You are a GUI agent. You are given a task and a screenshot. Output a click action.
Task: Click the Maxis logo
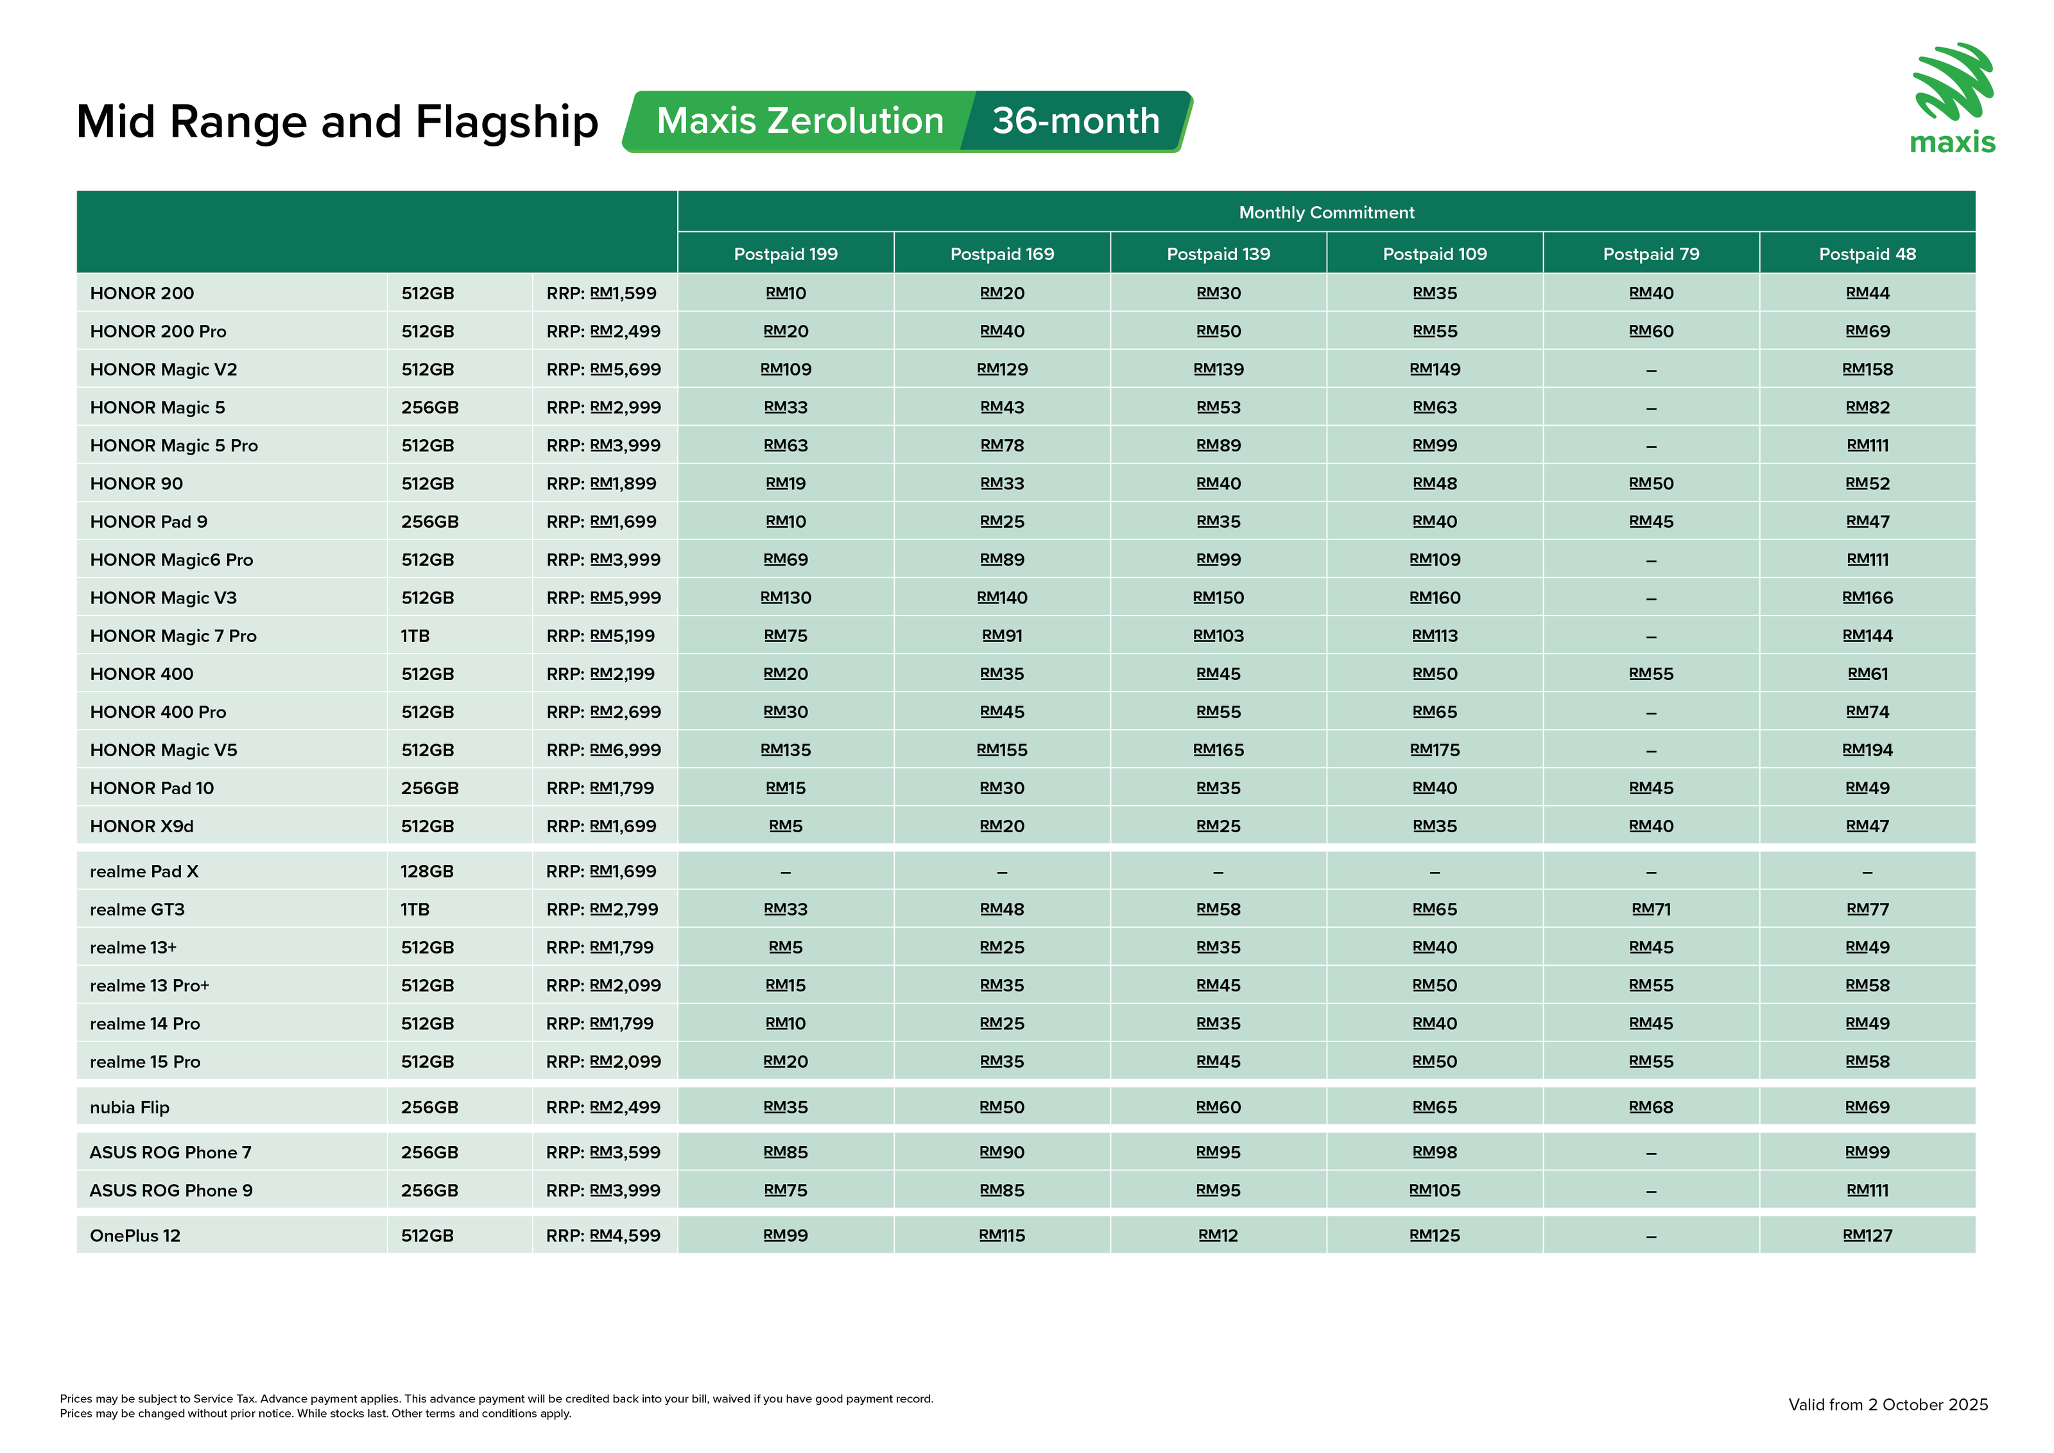point(1953,98)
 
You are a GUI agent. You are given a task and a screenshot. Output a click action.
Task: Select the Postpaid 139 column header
point(1218,254)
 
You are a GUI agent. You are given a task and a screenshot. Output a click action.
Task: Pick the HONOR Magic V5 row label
point(164,751)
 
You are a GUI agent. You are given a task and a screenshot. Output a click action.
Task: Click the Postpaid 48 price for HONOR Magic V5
point(1867,751)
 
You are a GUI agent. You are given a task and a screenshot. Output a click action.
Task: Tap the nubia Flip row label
point(130,1108)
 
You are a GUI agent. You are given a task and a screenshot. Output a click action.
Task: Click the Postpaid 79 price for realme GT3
point(1650,910)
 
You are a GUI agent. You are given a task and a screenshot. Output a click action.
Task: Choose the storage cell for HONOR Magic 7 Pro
point(415,636)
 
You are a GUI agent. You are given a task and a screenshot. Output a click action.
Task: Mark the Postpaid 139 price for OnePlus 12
point(1218,1235)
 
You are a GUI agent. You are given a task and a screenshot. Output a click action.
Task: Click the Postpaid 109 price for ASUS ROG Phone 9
point(1434,1191)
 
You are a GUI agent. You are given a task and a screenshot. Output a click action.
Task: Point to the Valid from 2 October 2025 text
point(1888,1405)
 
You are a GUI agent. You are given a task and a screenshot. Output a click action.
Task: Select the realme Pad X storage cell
point(427,871)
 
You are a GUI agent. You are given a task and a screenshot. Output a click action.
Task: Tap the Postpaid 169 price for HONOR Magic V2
point(1002,370)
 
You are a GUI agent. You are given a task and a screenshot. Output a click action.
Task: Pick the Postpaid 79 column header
point(1650,254)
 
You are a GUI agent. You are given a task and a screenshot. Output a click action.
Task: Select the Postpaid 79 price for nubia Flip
point(1650,1108)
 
